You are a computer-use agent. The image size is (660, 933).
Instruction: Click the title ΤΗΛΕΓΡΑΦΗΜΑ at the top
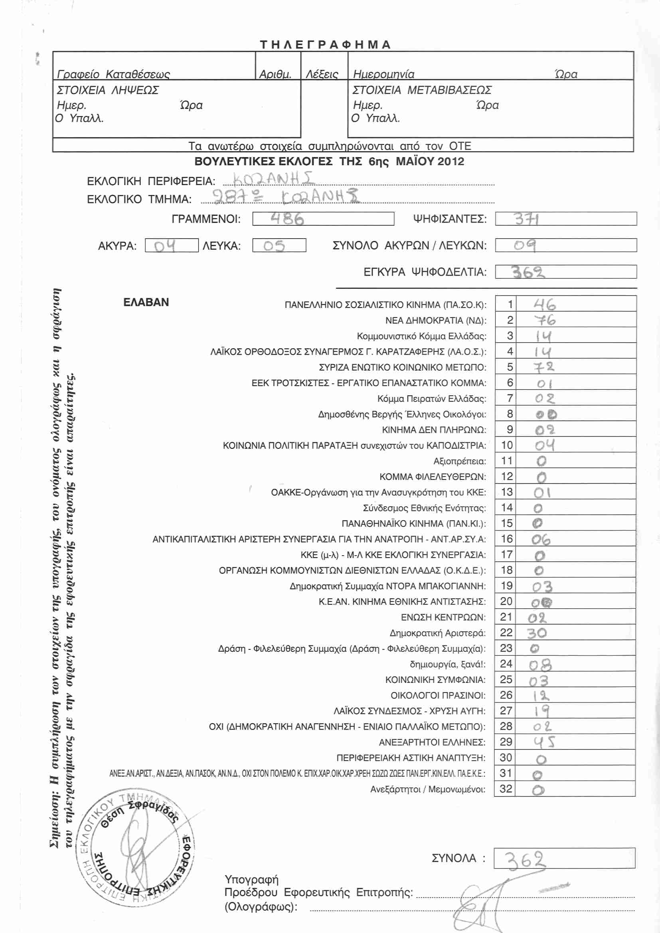click(x=325, y=44)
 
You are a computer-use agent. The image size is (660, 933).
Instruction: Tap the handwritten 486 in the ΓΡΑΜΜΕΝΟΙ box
click(x=287, y=219)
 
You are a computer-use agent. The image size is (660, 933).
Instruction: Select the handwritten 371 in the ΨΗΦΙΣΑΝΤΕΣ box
click(x=527, y=219)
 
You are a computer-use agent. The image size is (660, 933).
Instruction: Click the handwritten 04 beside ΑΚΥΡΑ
click(x=165, y=246)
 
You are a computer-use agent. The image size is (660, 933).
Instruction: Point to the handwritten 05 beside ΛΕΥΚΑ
click(x=274, y=246)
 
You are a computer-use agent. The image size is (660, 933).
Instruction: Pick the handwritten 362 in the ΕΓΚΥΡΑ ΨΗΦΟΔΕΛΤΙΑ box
click(x=528, y=272)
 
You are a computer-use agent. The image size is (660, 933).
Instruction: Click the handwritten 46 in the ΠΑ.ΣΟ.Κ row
click(x=545, y=304)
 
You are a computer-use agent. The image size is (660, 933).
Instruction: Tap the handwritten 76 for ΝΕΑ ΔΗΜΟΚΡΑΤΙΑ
click(x=545, y=320)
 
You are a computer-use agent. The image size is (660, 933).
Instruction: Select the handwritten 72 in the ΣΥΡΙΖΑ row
click(x=544, y=367)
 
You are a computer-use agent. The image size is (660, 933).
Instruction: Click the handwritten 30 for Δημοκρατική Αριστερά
click(x=537, y=633)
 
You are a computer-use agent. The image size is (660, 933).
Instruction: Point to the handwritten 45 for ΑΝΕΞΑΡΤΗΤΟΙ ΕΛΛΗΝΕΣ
click(x=544, y=742)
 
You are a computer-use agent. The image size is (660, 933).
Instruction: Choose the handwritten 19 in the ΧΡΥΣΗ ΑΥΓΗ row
click(x=542, y=711)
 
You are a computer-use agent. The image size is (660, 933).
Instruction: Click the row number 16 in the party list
click(x=506, y=539)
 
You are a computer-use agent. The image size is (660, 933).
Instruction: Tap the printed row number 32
click(x=506, y=789)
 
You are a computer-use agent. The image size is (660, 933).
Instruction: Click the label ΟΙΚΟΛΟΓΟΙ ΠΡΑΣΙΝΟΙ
click(x=438, y=695)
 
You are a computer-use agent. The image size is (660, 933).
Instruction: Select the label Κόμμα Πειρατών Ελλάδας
click(x=431, y=398)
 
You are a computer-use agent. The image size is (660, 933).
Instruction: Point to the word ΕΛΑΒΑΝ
click(x=146, y=302)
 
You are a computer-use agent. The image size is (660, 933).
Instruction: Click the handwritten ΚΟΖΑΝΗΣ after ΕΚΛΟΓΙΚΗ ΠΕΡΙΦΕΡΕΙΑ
click(x=273, y=179)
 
